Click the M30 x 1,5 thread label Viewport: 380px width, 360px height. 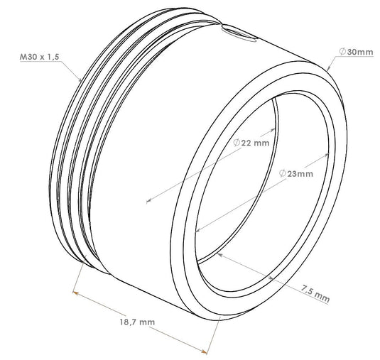(40, 57)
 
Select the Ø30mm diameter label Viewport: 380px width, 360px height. (357, 52)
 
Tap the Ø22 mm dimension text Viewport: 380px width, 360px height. (251, 143)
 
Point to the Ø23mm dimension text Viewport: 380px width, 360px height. (296, 173)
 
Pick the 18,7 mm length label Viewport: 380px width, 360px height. (137, 322)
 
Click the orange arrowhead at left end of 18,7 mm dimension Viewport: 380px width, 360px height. (75, 293)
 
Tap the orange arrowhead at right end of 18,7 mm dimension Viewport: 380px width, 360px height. (204, 351)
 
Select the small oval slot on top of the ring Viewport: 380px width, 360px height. (239, 33)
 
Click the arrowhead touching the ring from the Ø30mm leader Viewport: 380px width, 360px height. (328, 67)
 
